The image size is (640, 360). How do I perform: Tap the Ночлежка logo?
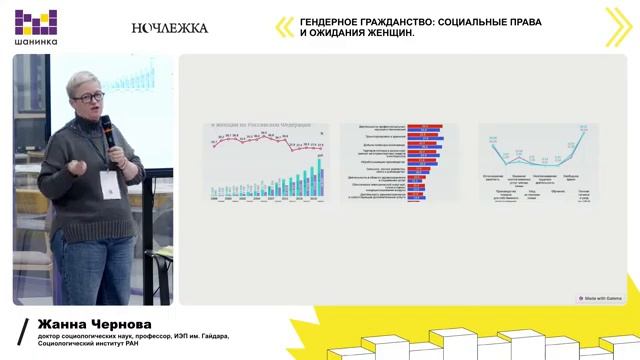[170, 28]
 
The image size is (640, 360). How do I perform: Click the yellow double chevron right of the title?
[618, 27]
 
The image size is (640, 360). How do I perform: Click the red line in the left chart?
[265, 142]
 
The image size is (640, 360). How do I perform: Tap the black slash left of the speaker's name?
[24, 333]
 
